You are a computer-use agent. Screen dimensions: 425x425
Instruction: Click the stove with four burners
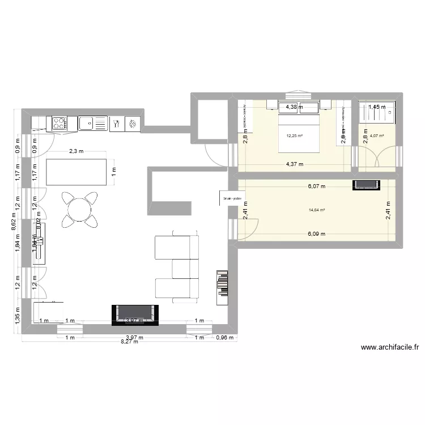(60, 123)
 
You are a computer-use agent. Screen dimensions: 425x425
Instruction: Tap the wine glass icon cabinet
(116, 124)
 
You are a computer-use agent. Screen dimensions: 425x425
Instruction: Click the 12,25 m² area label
(295, 136)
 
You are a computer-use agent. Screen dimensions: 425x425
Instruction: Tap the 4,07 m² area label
(377, 136)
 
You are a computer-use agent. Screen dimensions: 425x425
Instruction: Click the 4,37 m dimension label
(294, 164)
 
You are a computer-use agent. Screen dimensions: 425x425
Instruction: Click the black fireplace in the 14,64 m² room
(366, 185)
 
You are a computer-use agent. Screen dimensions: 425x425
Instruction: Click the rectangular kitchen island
(77, 172)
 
